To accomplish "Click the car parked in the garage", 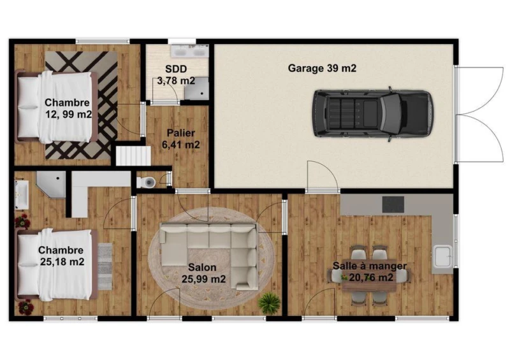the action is pyautogui.click(x=373, y=114).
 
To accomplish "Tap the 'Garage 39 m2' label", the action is pyautogui.click(x=322, y=68).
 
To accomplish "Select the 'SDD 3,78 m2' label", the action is pyautogui.click(x=176, y=75).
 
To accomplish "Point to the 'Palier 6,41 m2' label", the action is pyautogui.click(x=181, y=139).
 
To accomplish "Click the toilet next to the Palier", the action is pyautogui.click(x=146, y=182).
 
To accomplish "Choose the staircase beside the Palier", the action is pyautogui.click(x=133, y=155).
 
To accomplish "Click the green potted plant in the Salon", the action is pyautogui.click(x=269, y=303).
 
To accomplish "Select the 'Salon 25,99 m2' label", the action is pyautogui.click(x=203, y=273).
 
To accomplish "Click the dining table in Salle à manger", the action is pyautogui.click(x=370, y=276).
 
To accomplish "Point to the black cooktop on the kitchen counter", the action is pyautogui.click(x=393, y=205).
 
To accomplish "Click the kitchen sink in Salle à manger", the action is pyautogui.click(x=442, y=256).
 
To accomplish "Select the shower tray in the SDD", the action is pyautogui.click(x=196, y=88).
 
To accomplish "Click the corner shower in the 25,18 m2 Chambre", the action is pyautogui.click(x=51, y=184).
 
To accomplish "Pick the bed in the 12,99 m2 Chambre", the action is pyautogui.click(x=57, y=107).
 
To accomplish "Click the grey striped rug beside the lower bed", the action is pyautogui.click(x=105, y=266).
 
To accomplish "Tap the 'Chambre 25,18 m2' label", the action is pyautogui.click(x=61, y=256).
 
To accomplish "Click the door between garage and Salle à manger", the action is pyautogui.click(x=323, y=176).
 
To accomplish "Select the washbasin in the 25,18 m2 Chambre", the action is pyautogui.click(x=22, y=194).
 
